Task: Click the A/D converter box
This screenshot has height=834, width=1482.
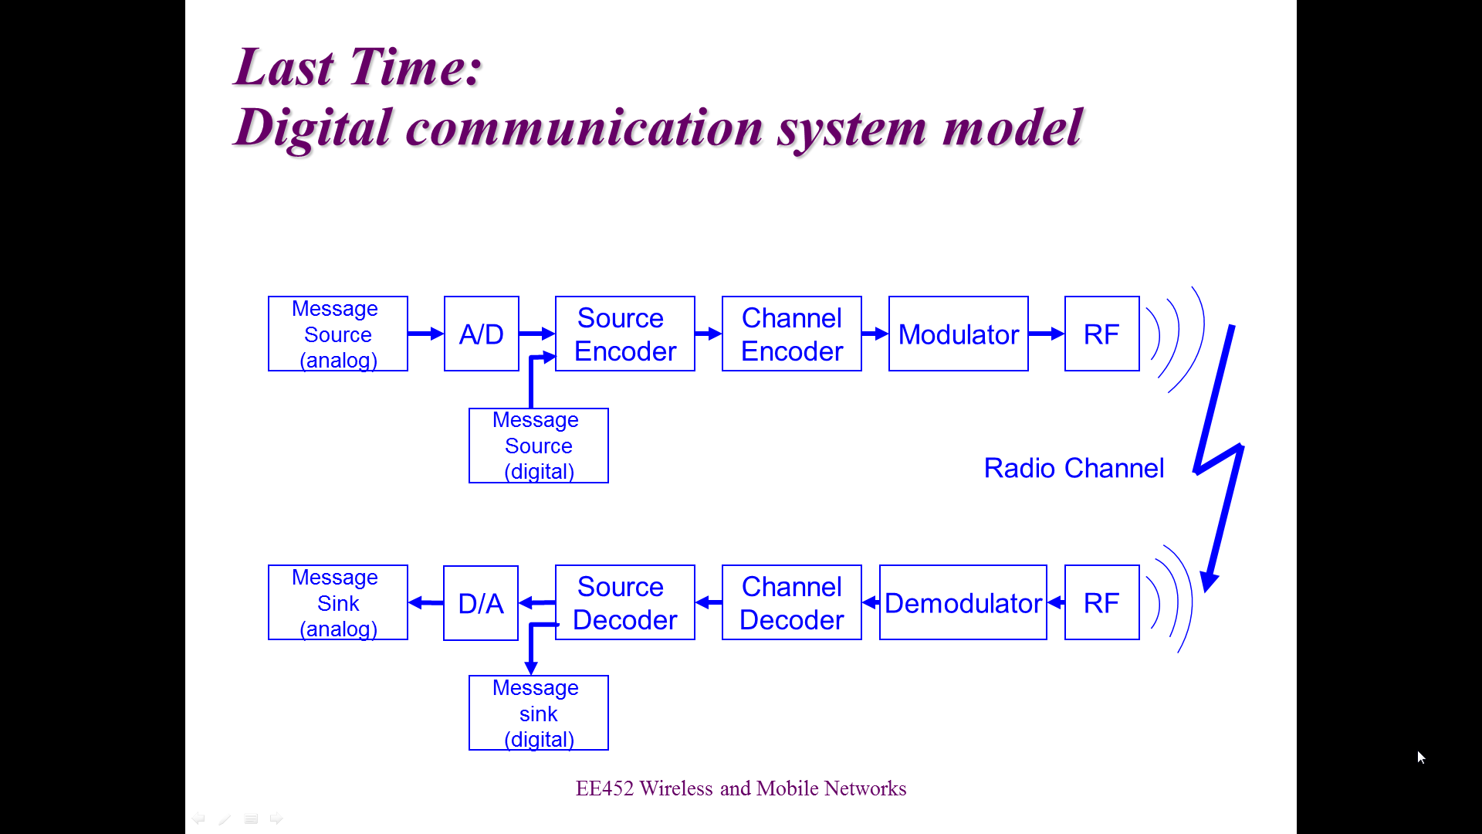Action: tap(482, 334)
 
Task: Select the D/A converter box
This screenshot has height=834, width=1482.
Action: tap(481, 603)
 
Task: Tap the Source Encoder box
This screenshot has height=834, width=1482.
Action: tap(625, 334)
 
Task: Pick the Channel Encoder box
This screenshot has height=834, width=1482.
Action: tap(792, 334)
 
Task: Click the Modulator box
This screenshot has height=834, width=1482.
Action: tap(959, 334)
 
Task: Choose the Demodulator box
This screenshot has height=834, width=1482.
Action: tap(963, 602)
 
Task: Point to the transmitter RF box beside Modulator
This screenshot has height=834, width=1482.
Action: tap(1102, 334)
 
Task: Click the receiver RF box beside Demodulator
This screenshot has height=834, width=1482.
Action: tap(1102, 602)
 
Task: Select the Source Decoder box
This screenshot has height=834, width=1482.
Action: tap(625, 602)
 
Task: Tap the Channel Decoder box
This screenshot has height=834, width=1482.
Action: tap(792, 602)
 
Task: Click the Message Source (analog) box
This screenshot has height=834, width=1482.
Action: tap(338, 334)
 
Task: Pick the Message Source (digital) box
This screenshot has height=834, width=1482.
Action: tap(539, 446)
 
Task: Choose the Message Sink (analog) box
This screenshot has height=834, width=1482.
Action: tap(338, 602)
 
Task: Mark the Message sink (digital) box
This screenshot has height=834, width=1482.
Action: tap(539, 713)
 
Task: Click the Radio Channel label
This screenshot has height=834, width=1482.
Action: tap(1074, 468)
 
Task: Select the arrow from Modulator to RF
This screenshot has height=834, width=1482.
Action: tap(1047, 334)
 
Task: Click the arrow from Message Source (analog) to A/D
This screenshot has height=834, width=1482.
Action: tap(426, 334)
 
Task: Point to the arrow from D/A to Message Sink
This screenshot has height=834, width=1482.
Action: tap(425, 602)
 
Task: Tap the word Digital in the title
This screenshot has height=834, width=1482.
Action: tap(313, 128)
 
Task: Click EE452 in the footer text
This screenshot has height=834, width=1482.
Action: tap(604, 788)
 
